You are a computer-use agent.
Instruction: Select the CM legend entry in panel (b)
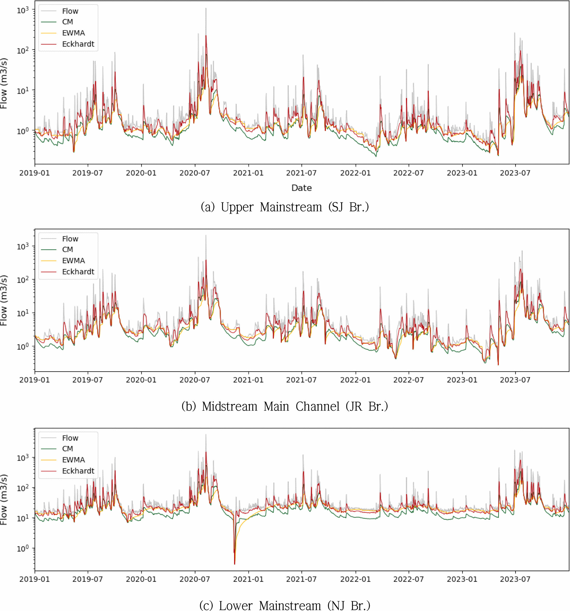pos(67,249)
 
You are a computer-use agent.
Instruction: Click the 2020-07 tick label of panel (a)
pos(195,173)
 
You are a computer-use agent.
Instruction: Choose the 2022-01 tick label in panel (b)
pos(355,380)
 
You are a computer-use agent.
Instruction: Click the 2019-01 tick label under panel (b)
pos(35,380)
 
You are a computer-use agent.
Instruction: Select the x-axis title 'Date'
pos(301,188)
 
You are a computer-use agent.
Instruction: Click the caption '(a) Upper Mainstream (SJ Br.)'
pos(285,207)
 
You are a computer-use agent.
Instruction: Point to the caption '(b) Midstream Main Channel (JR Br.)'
pos(285,406)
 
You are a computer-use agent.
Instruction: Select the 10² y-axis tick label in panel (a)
pos(22,50)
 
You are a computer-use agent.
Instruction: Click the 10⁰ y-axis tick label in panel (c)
pos(22,548)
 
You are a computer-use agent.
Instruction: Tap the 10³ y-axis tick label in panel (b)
pos(22,246)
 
